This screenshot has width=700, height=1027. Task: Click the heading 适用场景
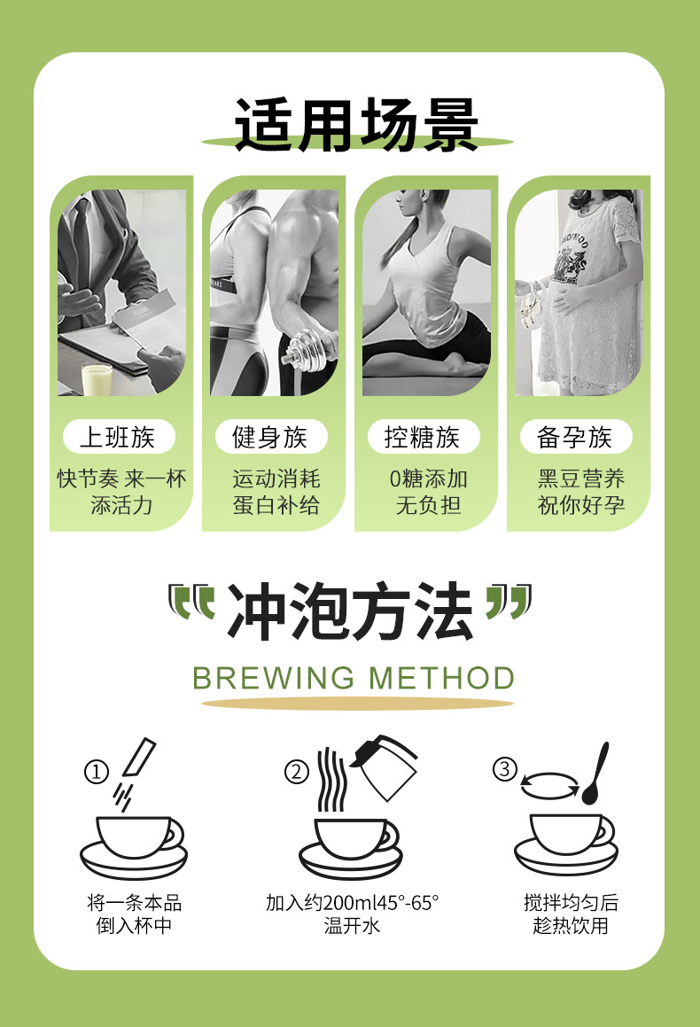pyautogui.click(x=356, y=125)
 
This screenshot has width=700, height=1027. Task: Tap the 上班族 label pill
pyautogui.click(x=118, y=437)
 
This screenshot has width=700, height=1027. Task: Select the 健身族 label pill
pyautogui.click(x=270, y=437)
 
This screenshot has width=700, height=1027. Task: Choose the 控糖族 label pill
pyautogui.click(x=423, y=437)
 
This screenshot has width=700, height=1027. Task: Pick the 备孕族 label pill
pyautogui.click(x=575, y=437)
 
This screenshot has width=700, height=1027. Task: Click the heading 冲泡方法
pyautogui.click(x=350, y=612)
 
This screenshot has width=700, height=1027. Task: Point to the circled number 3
pyautogui.click(x=504, y=769)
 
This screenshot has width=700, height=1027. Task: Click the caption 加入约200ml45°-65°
pyautogui.click(x=352, y=903)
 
